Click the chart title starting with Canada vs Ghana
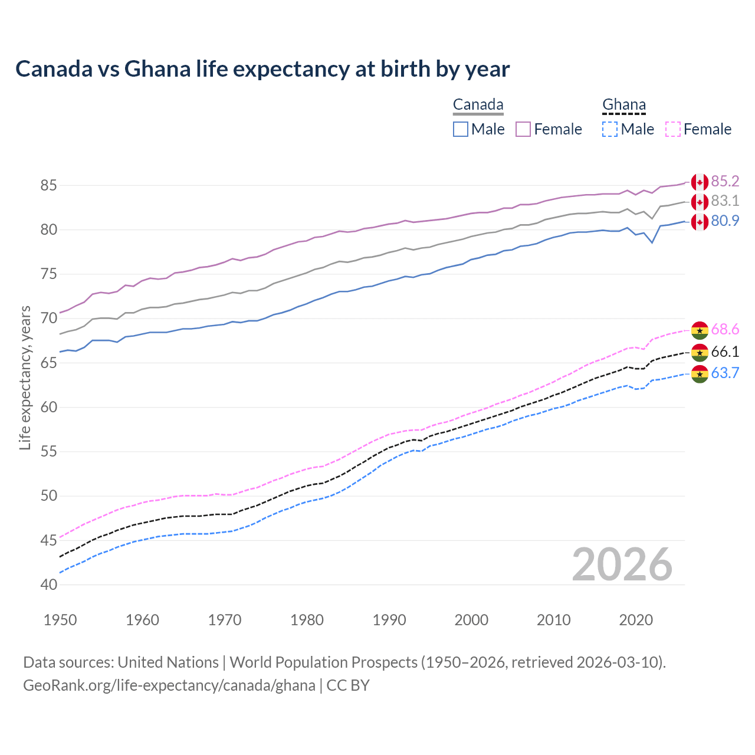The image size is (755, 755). click(x=262, y=69)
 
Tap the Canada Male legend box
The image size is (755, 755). click(x=461, y=129)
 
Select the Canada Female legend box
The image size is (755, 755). click(x=523, y=129)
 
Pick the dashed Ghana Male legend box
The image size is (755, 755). click(x=610, y=129)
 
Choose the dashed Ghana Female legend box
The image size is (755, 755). click(x=672, y=129)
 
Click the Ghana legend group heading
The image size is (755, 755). click(x=624, y=105)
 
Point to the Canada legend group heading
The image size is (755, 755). click(x=478, y=105)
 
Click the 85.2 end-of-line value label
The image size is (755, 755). click(x=725, y=181)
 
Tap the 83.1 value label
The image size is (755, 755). click(x=725, y=201)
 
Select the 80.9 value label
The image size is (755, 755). click(x=725, y=221)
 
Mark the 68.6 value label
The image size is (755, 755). click(x=725, y=330)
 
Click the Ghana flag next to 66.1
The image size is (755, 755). click(x=700, y=353)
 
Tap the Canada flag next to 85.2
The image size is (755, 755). click(x=700, y=182)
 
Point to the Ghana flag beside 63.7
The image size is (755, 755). click(x=700, y=374)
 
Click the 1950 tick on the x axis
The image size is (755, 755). click(x=60, y=620)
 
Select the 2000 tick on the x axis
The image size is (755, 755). click(x=471, y=620)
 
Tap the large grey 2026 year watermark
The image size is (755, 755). click(x=622, y=564)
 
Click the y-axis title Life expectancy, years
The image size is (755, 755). click(x=25, y=377)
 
